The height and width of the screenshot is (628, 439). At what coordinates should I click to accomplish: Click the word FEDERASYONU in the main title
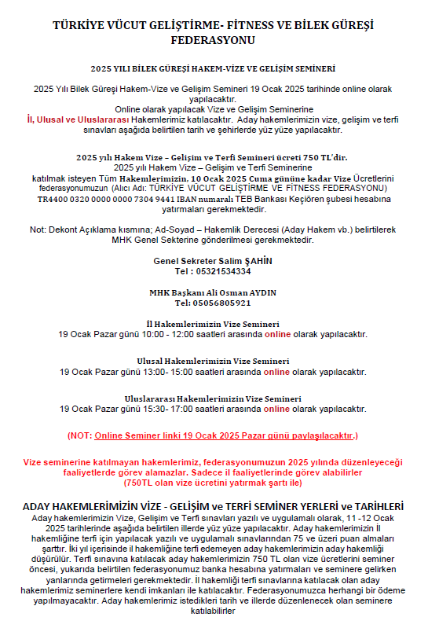219,39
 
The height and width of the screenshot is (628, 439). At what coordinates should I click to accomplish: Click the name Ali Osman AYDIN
242,292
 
